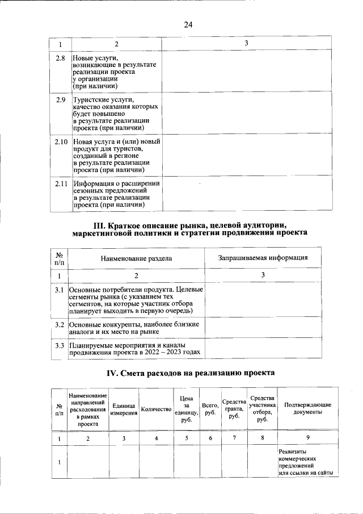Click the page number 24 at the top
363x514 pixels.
(x=188, y=24)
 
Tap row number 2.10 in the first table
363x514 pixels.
(x=61, y=141)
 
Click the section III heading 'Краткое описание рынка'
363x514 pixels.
(x=190, y=229)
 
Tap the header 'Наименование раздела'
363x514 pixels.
(x=136, y=258)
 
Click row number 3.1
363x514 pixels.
(x=58, y=290)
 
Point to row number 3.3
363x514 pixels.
(x=58, y=344)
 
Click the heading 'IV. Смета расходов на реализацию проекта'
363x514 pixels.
(x=191, y=373)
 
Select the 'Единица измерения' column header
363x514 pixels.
(x=124, y=409)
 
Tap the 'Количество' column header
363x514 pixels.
(x=156, y=409)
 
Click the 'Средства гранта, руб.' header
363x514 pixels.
(x=234, y=409)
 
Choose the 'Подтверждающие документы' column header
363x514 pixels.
(x=307, y=409)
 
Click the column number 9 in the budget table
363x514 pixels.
(x=307, y=438)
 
